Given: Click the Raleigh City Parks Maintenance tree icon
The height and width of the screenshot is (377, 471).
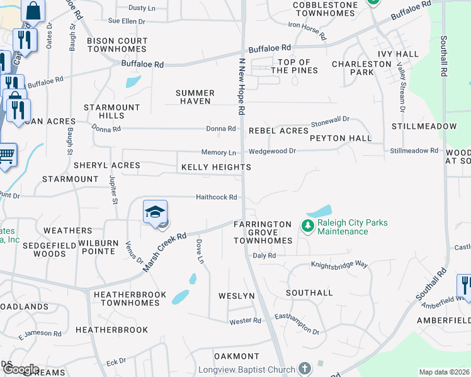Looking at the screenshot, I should tap(308, 226).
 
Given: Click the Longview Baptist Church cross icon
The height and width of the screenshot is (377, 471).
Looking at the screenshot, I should tap(305, 369).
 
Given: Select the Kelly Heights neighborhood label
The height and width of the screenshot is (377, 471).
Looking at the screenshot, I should tap(216, 167).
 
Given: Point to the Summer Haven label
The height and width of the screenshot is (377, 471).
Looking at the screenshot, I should tap(195, 97).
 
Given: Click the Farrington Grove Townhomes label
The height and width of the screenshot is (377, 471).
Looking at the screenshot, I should tap(263, 232).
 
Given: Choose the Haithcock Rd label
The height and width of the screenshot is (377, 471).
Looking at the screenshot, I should tap(216, 197).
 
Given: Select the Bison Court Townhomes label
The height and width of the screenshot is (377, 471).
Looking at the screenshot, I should tap(117, 45).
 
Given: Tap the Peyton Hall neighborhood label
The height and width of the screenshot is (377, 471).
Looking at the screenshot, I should tap(340, 138).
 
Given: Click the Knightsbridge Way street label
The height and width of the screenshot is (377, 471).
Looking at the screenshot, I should tap(339, 265).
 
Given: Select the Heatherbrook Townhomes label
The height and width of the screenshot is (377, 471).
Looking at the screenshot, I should tap(130, 298).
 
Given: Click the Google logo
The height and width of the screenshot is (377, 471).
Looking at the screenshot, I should tap(20, 369).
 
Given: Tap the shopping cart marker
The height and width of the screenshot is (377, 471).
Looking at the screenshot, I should tap(6, 154).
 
